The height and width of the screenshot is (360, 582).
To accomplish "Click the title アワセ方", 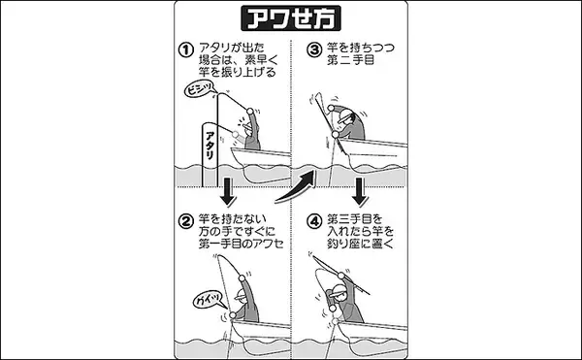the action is coord(291,18).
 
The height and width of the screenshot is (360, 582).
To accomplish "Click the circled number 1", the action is coord(186,50).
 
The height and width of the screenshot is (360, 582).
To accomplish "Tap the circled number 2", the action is coord(186,221).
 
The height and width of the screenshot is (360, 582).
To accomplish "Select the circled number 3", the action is coord(314,49).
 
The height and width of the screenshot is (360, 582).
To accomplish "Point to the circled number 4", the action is coord(314,221).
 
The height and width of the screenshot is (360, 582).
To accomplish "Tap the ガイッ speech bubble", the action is coord(209,299).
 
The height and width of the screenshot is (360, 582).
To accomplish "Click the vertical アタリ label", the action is coord(210,146).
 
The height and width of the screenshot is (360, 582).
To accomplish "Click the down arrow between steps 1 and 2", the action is coord(228,192).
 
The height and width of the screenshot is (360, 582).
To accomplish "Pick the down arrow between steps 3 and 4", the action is coord(360,192).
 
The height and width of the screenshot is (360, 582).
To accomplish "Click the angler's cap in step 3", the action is coord(345,116).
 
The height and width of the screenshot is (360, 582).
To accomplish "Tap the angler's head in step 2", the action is coord(241,296).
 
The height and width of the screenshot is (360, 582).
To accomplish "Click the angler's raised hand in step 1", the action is coord(250,111).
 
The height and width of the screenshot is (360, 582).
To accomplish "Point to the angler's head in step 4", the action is coord(337,292).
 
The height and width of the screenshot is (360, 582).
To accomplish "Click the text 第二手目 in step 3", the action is coord(350,60).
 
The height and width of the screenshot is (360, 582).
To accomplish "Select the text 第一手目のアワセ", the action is coord(241,244).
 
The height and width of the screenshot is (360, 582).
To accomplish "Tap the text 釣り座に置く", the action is coord(360,244).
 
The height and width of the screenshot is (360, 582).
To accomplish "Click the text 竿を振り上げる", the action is coord(238,72).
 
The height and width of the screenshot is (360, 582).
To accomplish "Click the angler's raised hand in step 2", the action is coord(242,278).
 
